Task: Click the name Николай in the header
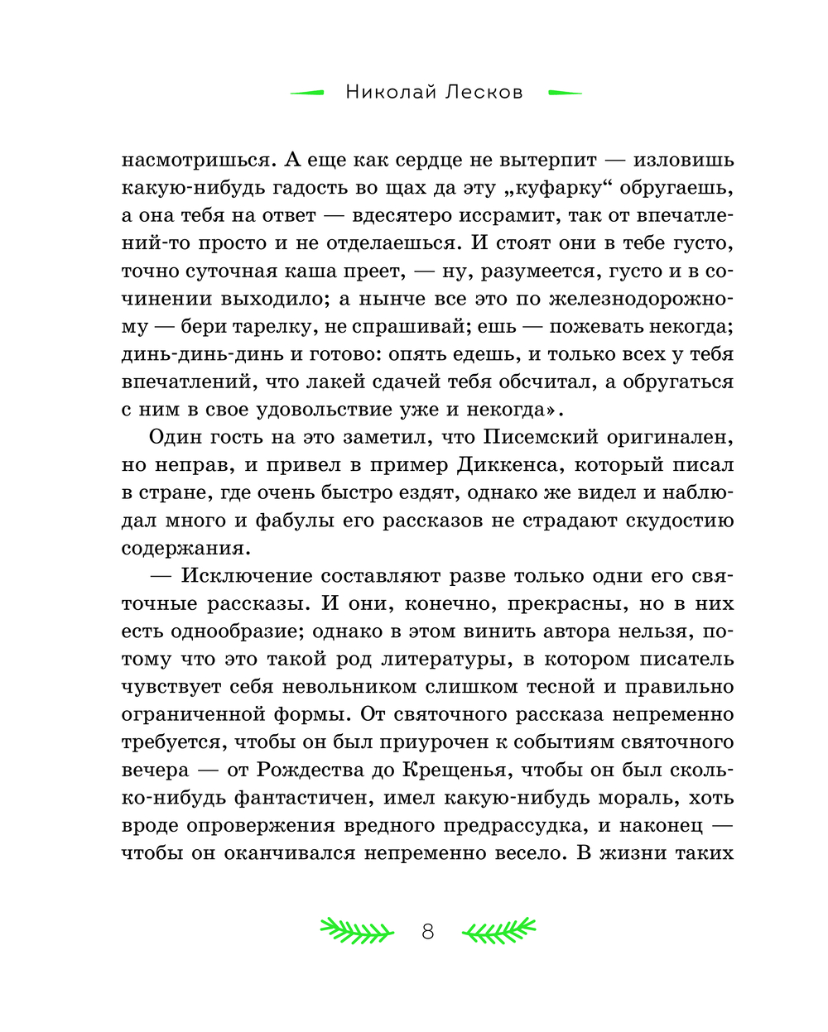[x=390, y=92]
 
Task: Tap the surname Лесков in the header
[x=484, y=92]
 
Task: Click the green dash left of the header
[x=307, y=93]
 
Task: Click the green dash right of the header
[x=566, y=93]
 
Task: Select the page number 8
[x=427, y=932]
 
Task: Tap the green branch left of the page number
[x=357, y=931]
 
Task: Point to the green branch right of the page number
[x=498, y=931]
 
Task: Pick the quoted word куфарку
[x=562, y=188]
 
